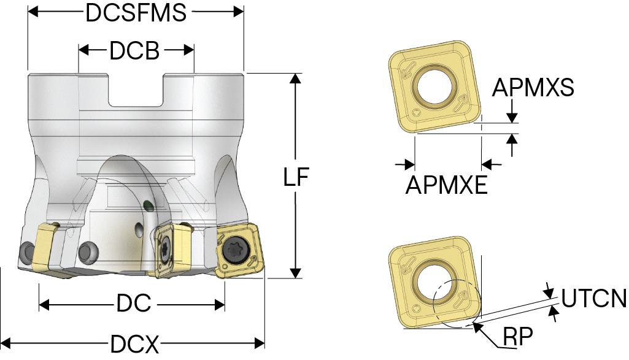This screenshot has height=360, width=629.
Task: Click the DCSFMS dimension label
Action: [x=136, y=12]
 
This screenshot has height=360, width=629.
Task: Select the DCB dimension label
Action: [x=134, y=52]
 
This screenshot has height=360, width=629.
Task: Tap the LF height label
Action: [x=296, y=177]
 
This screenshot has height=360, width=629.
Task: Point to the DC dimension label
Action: [x=133, y=304]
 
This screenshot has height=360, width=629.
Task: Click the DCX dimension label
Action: [x=134, y=344]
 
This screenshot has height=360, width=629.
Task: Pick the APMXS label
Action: [x=533, y=88]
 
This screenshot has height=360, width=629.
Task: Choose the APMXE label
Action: [x=447, y=184]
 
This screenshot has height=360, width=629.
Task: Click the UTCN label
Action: [x=593, y=299]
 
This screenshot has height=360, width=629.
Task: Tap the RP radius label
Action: [x=517, y=337]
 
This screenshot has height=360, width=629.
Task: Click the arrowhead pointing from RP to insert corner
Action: [x=477, y=327]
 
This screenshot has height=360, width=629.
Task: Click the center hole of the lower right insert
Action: [x=436, y=283]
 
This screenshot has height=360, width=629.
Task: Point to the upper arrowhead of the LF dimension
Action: [x=296, y=79]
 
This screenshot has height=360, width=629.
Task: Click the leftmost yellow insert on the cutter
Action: [x=45, y=248]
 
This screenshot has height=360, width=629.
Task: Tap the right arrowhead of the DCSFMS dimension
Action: [x=239, y=12]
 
